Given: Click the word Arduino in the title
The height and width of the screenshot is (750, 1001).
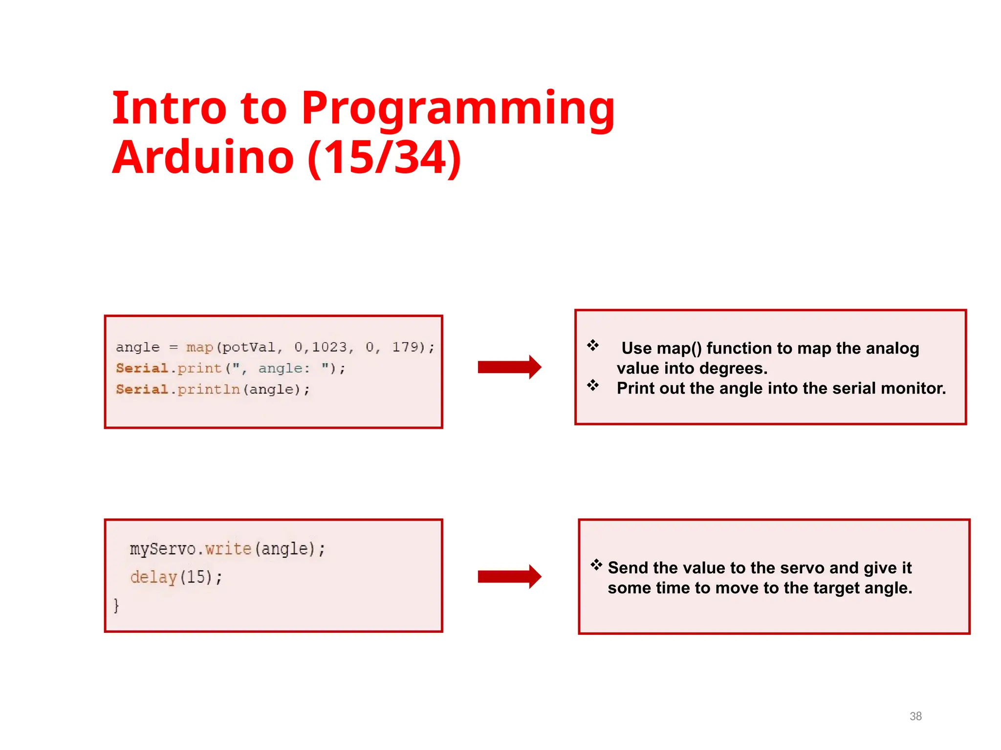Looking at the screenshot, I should (x=203, y=157).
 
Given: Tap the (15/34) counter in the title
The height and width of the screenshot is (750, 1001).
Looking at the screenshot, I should (x=384, y=157).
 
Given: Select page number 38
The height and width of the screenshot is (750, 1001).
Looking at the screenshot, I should (x=915, y=716).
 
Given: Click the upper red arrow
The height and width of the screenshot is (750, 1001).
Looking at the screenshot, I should (x=509, y=367).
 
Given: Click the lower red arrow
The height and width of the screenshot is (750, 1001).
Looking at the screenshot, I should (x=509, y=577).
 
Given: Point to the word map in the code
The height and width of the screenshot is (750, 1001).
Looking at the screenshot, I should (x=199, y=347).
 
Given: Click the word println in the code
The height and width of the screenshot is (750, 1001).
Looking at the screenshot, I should (x=209, y=389).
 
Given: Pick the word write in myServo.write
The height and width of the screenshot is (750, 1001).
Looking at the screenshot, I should (x=228, y=549).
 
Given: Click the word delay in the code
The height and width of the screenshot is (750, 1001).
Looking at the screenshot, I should (x=153, y=577).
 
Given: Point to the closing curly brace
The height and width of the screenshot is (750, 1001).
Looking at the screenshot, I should (x=116, y=605).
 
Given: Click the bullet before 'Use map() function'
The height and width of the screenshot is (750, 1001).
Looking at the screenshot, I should (x=593, y=345).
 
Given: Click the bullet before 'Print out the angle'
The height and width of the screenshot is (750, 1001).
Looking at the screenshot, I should (x=593, y=385).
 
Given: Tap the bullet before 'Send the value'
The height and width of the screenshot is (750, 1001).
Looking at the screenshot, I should (x=596, y=565).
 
